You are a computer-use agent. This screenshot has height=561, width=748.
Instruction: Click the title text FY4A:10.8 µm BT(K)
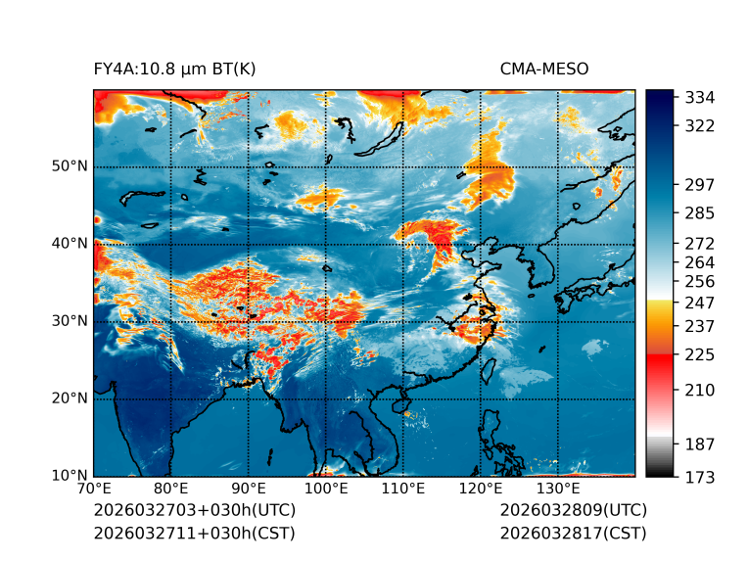pyautogui.click(x=175, y=69)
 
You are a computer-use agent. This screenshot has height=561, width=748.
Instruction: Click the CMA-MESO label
pyautogui.click(x=544, y=69)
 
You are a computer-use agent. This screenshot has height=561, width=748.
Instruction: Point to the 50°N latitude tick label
pyautogui.click(x=70, y=166)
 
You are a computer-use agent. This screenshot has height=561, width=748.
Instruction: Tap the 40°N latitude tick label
pyautogui.click(x=70, y=244)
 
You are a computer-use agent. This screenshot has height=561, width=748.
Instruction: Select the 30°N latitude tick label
pyautogui.click(x=70, y=321)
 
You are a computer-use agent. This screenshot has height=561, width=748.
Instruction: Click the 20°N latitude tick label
pyautogui.click(x=70, y=398)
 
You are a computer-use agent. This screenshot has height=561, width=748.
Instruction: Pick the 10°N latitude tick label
pyautogui.click(x=70, y=476)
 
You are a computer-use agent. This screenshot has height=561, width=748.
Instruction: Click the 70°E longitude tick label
pyautogui.click(x=94, y=489)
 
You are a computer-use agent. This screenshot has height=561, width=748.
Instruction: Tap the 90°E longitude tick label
pyautogui.click(x=249, y=489)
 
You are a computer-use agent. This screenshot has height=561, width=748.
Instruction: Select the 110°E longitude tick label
pyautogui.click(x=402, y=489)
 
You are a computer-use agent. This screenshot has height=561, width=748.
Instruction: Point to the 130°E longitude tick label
pyautogui.click(x=557, y=489)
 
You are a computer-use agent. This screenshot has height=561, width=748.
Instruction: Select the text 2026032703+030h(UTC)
pyautogui.click(x=194, y=511)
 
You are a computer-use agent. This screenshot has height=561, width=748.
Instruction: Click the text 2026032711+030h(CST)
pyautogui.click(x=194, y=534)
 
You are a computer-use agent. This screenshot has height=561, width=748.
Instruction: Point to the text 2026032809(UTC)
pyautogui.click(x=573, y=511)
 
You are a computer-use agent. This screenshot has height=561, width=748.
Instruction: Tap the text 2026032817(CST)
pyautogui.click(x=573, y=534)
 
